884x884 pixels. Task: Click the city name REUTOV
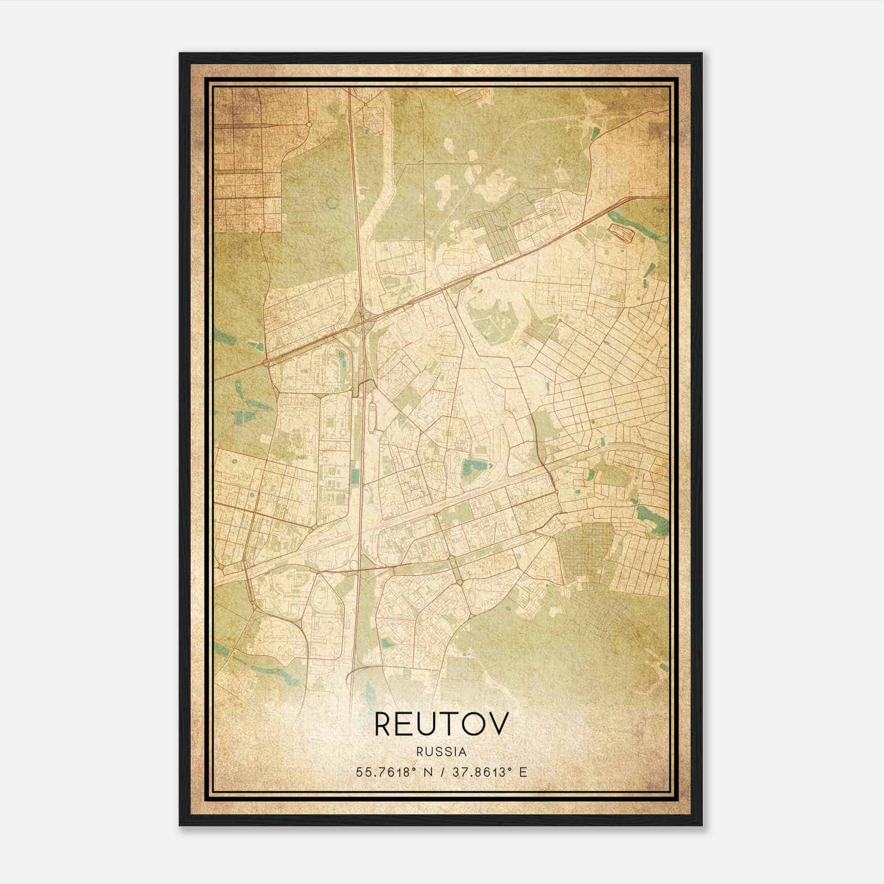440,724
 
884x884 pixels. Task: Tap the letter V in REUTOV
496,724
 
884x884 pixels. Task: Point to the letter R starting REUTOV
385,724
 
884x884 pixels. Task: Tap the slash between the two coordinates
443,772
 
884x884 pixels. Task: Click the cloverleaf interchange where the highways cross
362,320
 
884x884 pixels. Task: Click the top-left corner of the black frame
180,54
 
